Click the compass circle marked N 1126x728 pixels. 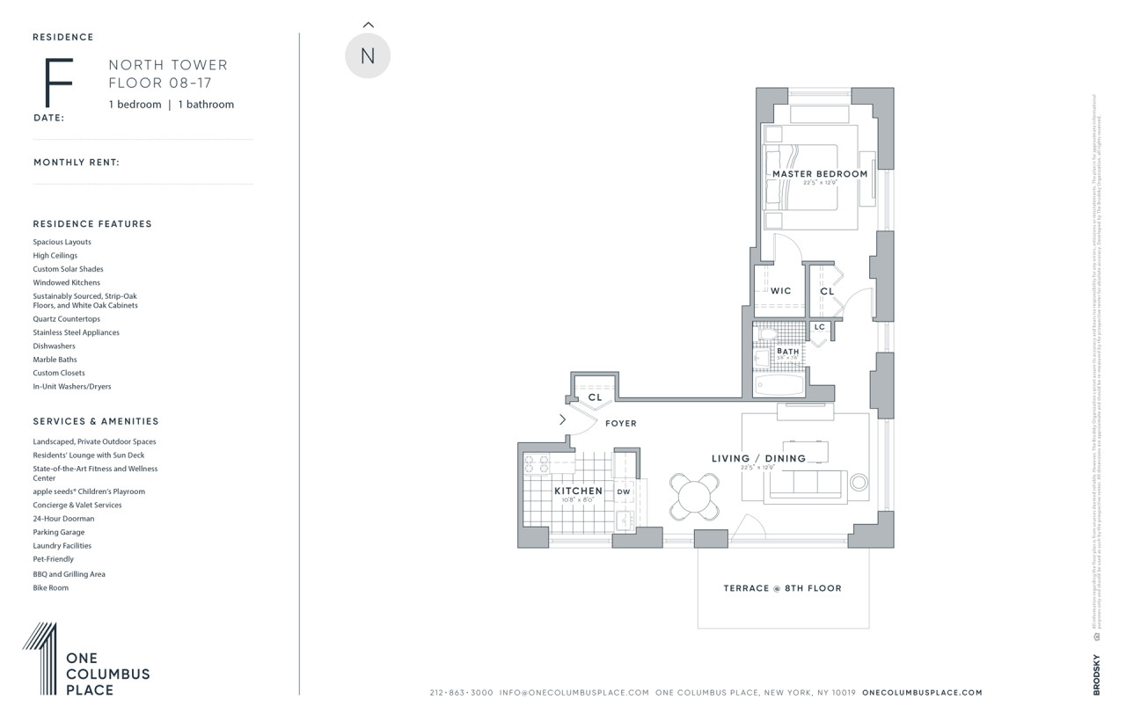click(x=368, y=55)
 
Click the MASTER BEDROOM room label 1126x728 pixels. click(x=820, y=174)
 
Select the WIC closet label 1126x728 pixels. click(x=781, y=291)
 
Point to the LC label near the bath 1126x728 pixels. click(x=820, y=327)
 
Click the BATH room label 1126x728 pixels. click(x=788, y=352)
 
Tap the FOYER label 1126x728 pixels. click(x=621, y=424)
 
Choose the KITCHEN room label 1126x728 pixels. click(x=578, y=491)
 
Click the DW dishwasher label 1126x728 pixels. click(x=623, y=491)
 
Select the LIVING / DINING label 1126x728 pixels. click(x=758, y=458)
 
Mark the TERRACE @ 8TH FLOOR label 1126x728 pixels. click(x=782, y=588)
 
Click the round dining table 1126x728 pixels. click(x=695, y=498)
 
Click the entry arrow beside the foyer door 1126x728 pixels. click(x=563, y=419)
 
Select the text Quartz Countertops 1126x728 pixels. click(x=67, y=319)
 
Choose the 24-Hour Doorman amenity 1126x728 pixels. click(x=63, y=519)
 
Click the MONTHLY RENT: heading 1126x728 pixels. click(x=77, y=163)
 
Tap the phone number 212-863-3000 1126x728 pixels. click(x=462, y=693)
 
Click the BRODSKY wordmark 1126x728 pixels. click(x=1097, y=675)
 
